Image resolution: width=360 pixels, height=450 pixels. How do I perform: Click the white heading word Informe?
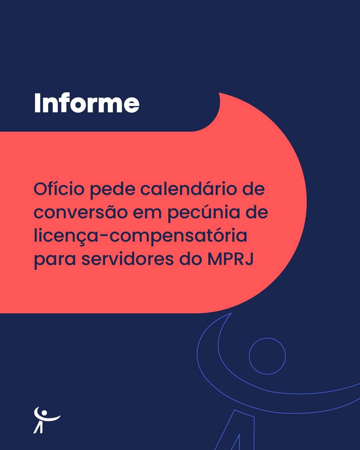coord(87,103)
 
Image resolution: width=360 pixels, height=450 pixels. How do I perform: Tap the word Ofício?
coord(59,189)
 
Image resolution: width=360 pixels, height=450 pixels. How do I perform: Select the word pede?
coord(112,190)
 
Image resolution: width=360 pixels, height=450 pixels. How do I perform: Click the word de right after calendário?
coord(253,189)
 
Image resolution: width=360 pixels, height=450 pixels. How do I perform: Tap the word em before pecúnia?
coord(147,214)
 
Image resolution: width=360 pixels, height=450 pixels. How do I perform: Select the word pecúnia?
coord(204,213)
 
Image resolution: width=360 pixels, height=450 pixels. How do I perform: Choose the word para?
coord(55,261)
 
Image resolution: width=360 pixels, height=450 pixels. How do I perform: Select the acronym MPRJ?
coord(230,259)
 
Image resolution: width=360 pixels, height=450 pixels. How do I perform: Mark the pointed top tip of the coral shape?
coord(219,93)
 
